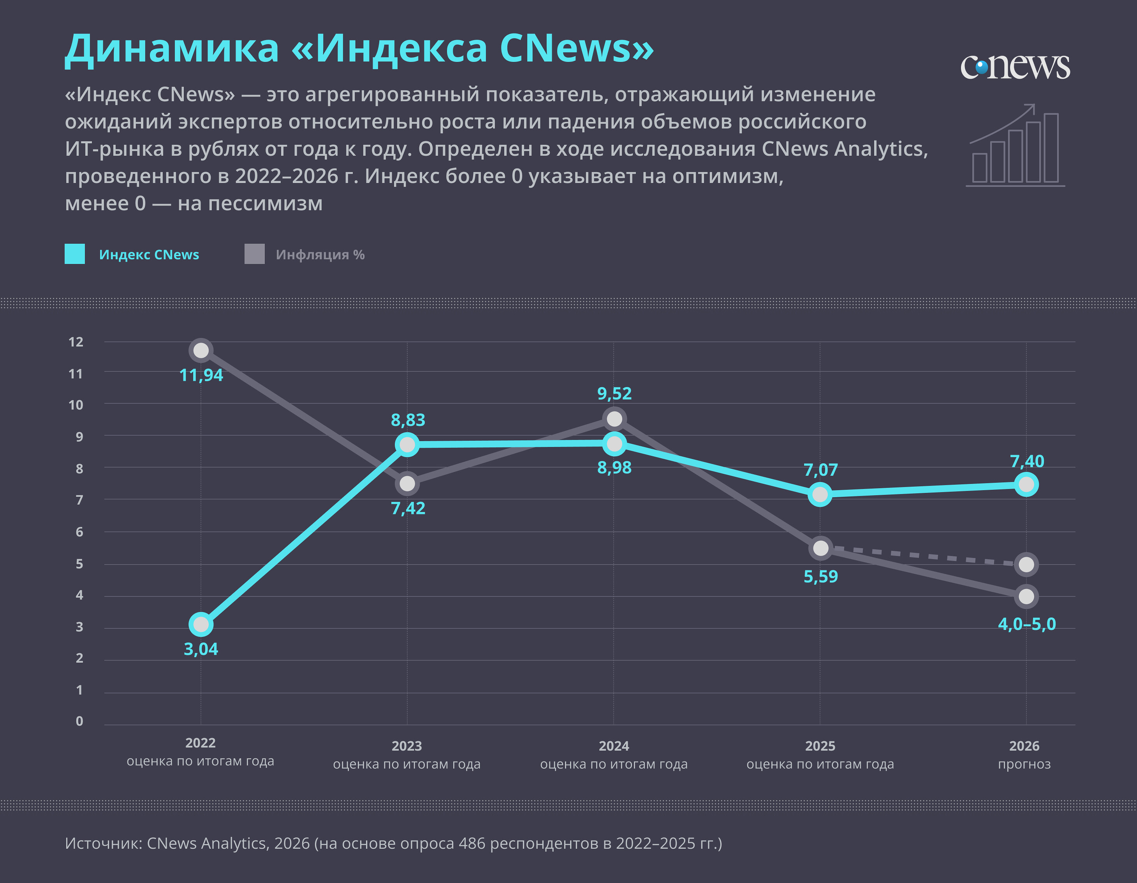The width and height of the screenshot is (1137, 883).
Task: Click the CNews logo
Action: tap(1015, 67)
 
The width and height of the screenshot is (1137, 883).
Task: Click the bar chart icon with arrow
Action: tap(1015, 145)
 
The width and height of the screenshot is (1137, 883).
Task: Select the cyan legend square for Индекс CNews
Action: tap(74, 254)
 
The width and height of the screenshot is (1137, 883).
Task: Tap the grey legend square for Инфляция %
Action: tap(255, 254)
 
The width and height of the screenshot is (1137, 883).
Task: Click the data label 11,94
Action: tap(201, 375)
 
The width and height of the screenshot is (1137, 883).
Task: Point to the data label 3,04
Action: tap(201, 649)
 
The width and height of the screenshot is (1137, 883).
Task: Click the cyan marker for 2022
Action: tap(201, 624)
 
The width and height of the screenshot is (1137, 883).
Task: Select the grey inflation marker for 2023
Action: tap(407, 484)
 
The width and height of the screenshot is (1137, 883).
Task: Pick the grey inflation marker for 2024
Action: tap(614, 419)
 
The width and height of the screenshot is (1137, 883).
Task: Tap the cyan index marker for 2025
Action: tap(820, 494)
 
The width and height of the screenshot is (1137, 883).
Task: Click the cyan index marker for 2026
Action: tap(1026, 485)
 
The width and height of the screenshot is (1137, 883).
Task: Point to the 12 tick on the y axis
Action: tap(76, 342)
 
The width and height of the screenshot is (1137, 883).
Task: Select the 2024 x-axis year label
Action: tap(614, 746)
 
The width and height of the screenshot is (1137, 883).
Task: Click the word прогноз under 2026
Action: tap(1024, 764)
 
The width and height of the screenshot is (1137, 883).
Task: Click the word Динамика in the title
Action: tap(172, 48)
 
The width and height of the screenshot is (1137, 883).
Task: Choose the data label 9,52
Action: tap(614, 394)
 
